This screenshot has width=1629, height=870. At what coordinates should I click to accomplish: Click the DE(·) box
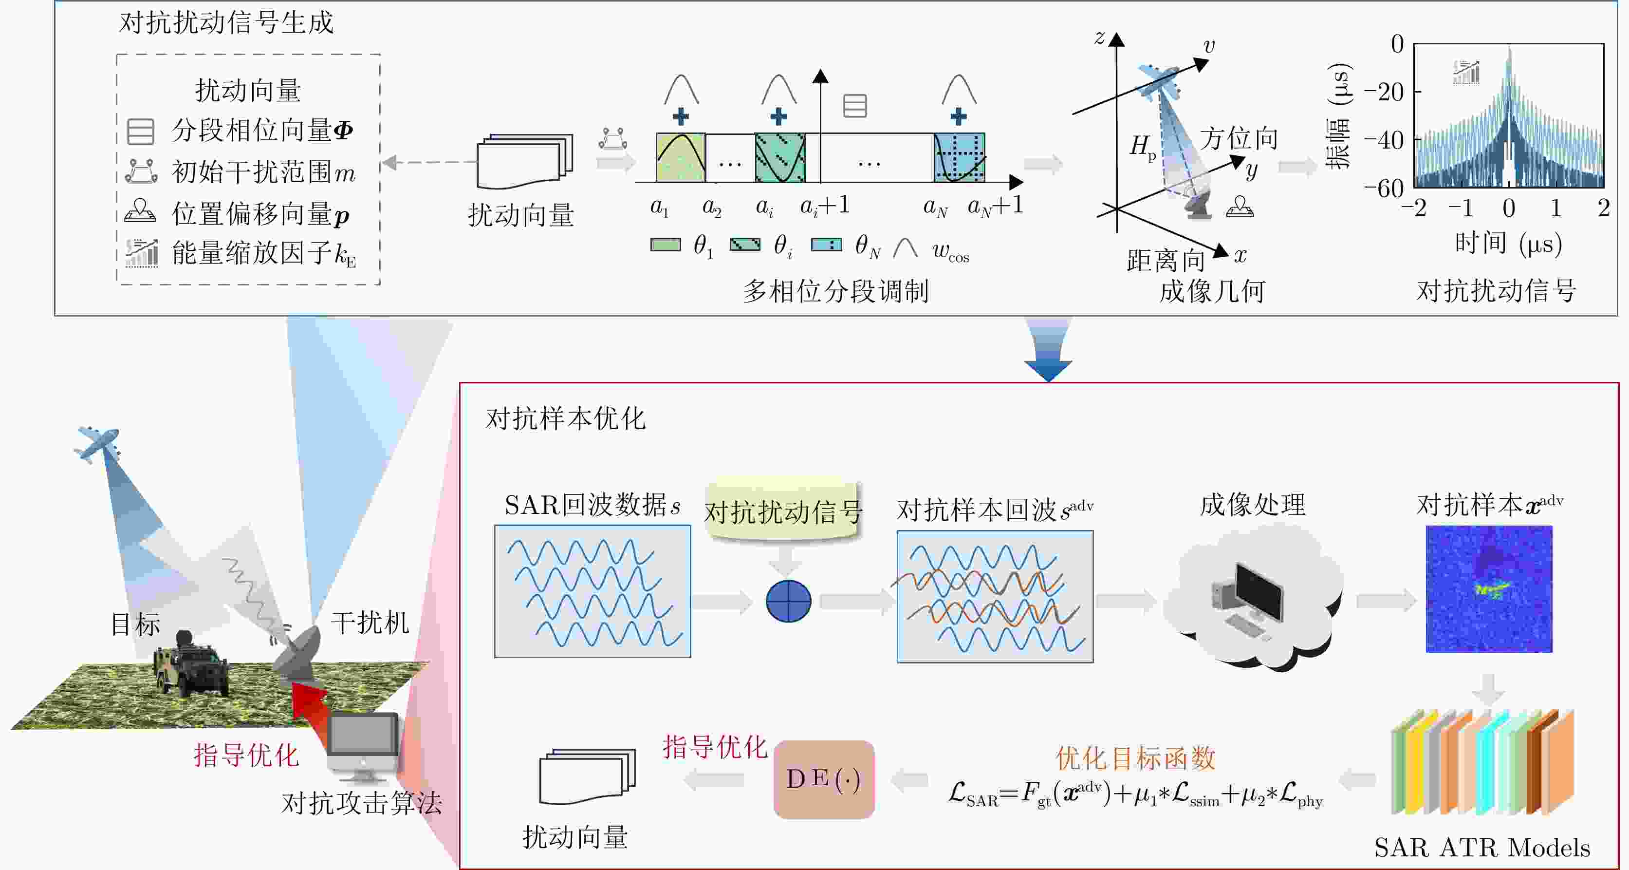[x=824, y=779]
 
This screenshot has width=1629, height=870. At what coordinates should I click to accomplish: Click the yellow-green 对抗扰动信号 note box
[x=783, y=511]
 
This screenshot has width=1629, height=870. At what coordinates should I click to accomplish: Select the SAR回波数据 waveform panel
[x=592, y=591]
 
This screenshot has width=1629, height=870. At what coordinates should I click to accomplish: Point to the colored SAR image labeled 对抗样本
[x=1489, y=589]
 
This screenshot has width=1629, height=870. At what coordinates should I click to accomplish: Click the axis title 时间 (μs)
[x=1508, y=243]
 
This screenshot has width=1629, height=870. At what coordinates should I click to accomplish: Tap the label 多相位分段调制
[x=835, y=291]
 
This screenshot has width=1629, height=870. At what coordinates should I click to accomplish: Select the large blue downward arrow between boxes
[x=1048, y=349]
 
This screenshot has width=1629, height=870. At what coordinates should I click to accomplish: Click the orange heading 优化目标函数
[x=1135, y=758]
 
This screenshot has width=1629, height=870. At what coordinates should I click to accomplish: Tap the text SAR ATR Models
[x=1481, y=848]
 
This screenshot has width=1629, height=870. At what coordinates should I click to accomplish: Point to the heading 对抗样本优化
[x=565, y=418]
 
